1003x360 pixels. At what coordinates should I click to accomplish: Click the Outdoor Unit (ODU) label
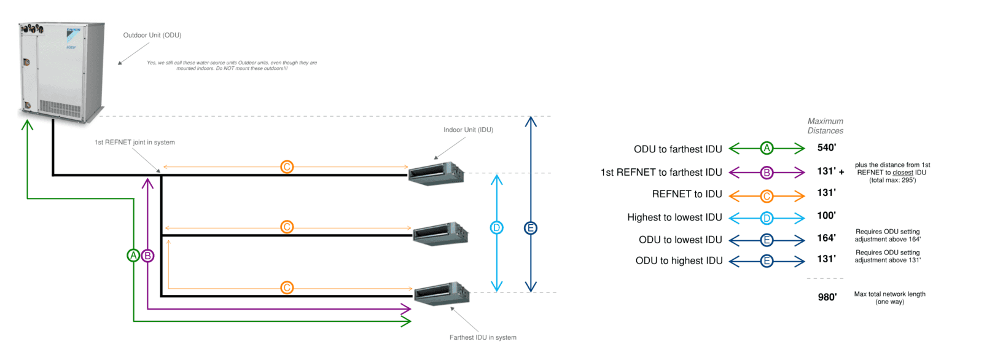click(x=152, y=35)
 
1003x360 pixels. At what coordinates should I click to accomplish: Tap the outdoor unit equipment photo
click(x=61, y=70)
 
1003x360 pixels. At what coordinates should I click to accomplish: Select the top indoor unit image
click(x=436, y=173)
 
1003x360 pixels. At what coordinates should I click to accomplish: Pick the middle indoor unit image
click(x=440, y=234)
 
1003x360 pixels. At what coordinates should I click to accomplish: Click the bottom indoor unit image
click(x=442, y=293)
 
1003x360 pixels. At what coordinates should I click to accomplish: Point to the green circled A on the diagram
click(x=133, y=256)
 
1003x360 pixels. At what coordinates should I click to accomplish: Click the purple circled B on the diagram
click(x=147, y=256)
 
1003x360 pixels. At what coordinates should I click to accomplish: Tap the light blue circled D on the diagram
click(x=496, y=228)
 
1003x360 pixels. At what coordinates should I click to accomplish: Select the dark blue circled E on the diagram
click(x=531, y=228)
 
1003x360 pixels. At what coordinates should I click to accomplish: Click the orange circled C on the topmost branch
click(x=287, y=167)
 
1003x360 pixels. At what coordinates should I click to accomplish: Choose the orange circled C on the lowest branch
click(x=287, y=288)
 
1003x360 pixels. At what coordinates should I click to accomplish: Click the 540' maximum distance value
click(x=826, y=147)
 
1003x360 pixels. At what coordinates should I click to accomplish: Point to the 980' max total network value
click(x=827, y=297)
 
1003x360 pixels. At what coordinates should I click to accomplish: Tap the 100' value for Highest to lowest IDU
click(x=826, y=216)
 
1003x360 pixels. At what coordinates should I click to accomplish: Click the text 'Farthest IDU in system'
click(x=483, y=337)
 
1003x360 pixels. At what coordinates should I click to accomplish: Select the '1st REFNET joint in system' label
click(x=135, y=143)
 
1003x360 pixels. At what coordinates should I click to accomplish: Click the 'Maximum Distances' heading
click(x=825, y=126)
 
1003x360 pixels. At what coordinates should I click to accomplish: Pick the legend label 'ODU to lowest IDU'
click(x=680, y=240)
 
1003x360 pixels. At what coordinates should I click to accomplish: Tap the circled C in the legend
click(x=767, y=197)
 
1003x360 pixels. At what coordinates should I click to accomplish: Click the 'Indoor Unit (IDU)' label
click(x=468, y=130)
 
